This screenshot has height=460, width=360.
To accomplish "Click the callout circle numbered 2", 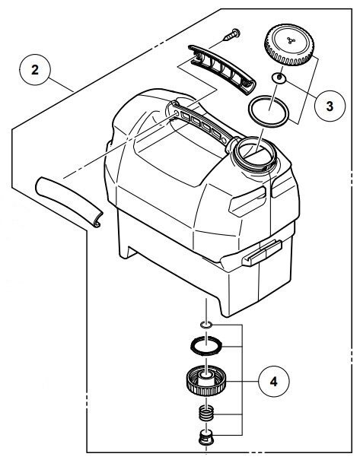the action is click(35, 70).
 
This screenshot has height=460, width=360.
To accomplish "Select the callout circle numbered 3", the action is click(330, 106).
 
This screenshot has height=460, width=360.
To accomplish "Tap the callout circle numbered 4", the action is click(274, 382).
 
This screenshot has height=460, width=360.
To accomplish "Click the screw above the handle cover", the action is click(232, 35).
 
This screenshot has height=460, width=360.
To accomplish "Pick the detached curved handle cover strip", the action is click(222, 69).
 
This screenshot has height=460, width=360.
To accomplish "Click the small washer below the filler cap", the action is click(279, 78).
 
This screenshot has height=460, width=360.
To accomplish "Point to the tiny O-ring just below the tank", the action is click(205, 325).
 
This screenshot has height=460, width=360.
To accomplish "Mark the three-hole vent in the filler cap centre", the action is click(291, 40).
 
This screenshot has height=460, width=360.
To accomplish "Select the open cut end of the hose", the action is click(97, 220).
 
